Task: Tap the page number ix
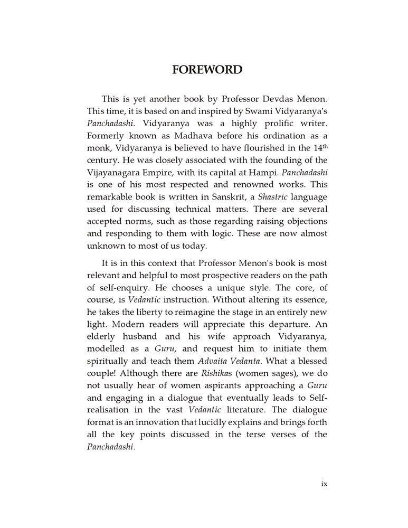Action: (x=324, y=484)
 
